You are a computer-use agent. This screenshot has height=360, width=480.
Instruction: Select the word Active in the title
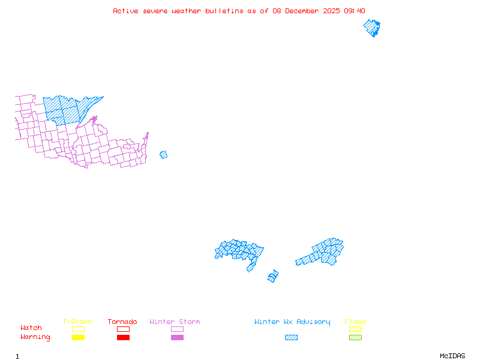coord(124,11)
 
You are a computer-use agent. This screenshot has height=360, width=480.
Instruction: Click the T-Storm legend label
coord(77,322)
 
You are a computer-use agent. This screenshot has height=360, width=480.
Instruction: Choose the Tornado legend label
coord(122,322)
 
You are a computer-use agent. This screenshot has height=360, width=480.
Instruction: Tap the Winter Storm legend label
coord(175,322)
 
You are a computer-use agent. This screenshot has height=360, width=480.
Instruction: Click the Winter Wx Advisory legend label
coord(292,322)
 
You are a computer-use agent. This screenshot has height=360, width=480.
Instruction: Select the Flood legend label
coord(355,322)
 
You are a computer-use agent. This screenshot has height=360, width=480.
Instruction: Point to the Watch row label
coord(31,328)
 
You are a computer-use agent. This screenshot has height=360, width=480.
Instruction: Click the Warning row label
coord(35,337)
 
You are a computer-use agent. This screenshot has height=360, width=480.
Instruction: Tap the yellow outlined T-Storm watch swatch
coord(78,329)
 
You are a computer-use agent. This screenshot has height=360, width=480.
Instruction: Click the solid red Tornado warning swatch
coord(123,337)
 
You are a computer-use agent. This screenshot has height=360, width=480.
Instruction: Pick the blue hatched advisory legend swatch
coord(291,337)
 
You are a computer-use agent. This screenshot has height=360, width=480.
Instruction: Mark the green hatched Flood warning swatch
coord(355,337)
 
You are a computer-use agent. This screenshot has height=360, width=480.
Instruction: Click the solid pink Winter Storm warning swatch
coord(177,337)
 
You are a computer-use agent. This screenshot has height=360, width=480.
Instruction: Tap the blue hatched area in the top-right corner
coord(372,28)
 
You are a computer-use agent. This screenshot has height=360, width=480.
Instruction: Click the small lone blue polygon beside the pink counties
coord(163,155)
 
